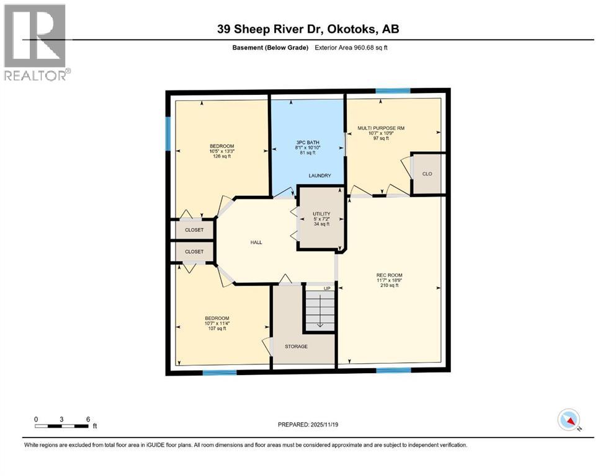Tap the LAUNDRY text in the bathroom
pyautogui.click(x=320, y=176)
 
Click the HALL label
pyautogui.click(x=255, y=242)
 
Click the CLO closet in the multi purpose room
pyautogui.click(x=427, y=174)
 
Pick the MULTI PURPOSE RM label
pyautogui.click(x=381, y=128)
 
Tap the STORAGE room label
pyautogui.click(x=296, y=346)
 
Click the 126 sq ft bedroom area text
pyautogui.click(x=221, y=157)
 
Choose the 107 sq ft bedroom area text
pyautogui.click(x=217, y=328)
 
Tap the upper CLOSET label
pyautogui.click(x=194, y=229)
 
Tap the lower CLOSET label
pyautogui.click(x=194, y=252)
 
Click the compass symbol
pyautogui.click(x=569, y=420)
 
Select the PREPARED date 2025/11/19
pyautogui.click(x=308, y=425)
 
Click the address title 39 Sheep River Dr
pyautogui.click(x=308, y=29)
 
